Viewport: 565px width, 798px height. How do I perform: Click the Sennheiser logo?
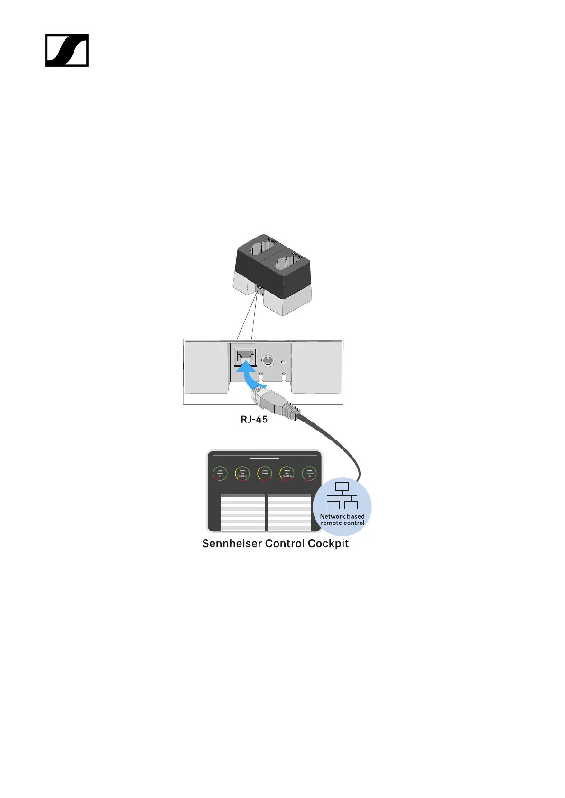pyautogui.click(x=67, y=50)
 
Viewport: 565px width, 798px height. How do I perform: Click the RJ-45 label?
pyautogui.click(x=254, y=419)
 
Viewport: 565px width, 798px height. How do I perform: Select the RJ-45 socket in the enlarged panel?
pyautogui.click(x=245, y=357)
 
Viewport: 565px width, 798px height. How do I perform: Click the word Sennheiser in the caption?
pyautogui.click(x=232, y=543)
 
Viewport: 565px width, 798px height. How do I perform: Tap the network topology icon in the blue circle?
pyautogui.click(x=342, y=495)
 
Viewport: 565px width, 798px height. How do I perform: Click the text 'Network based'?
pyautogui.click(x=342, y=516)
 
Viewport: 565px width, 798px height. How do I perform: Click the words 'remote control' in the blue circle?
pyautogui.click(x=343, y=523)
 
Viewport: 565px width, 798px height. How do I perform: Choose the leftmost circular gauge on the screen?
pyautogui.click(x=220, y=473)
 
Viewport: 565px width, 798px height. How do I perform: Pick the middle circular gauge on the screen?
pyautogui.click(x=265, y=473)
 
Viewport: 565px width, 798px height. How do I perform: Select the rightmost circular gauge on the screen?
pyautogui.click(x=309, y=473)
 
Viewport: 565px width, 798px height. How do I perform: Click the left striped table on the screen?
pyautogui.click(x=242, y=513)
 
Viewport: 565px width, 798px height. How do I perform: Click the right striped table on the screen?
pyautogui.click(x=289, y=513)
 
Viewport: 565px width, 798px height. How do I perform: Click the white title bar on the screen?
pyautogui.click(x=265, y=459)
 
